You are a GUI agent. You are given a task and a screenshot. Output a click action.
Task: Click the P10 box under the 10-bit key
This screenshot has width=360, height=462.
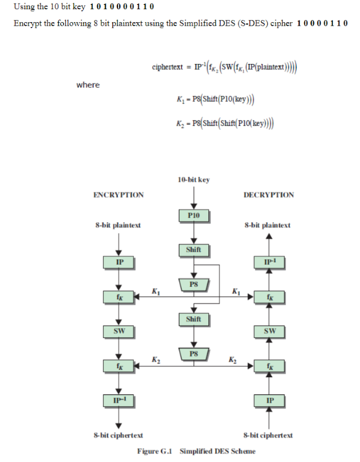[194, 216]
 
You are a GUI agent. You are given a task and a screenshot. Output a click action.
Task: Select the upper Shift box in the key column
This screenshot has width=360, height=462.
[194, 250]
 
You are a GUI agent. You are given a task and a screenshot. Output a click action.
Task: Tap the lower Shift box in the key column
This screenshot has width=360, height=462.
[194, 319]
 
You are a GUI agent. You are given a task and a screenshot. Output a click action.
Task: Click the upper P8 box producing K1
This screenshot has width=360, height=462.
[194, 284]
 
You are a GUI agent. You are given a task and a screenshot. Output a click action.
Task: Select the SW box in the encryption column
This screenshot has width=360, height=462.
[118, 332]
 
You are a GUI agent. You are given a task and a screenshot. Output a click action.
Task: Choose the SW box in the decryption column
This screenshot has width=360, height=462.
[268, 332]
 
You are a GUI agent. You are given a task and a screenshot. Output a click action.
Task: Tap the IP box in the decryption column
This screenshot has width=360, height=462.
[268, 401]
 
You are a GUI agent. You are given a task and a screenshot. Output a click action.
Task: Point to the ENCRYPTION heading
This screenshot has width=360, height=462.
[119, 195]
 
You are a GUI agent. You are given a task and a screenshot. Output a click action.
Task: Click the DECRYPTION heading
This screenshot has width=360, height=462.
[268, 195]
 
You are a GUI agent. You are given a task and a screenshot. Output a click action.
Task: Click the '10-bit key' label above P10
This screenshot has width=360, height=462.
[193, 179]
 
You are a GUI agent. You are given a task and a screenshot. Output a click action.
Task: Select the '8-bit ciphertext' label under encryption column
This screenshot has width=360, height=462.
[118, 435]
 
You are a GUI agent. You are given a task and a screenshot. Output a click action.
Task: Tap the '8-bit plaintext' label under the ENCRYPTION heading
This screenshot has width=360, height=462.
[118, 225]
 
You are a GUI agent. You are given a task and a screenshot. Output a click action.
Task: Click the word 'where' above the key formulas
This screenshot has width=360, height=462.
[88, 85]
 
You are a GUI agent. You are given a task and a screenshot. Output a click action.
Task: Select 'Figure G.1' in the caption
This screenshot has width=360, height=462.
[156, 451]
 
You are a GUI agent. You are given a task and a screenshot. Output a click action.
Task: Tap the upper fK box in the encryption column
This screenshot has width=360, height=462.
[118, 297]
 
